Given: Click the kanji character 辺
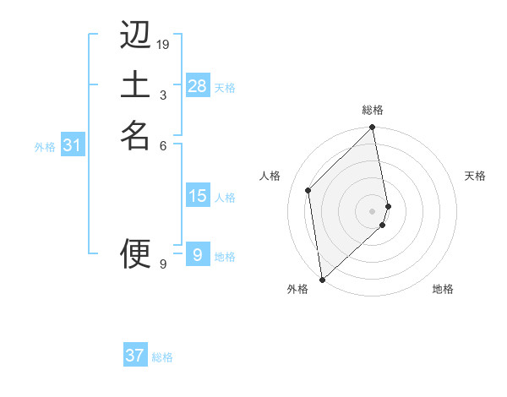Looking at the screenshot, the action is point(135,36).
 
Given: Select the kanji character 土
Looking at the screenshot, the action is point(135,85).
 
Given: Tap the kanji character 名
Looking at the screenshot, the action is point(135,134).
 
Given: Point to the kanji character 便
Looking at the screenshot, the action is point(135,253).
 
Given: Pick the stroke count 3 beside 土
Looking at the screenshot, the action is point(163,95).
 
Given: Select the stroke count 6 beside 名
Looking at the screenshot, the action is point(163,144).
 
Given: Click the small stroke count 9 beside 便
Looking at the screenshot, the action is point(163,264).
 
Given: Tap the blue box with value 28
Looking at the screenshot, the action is point(198,86).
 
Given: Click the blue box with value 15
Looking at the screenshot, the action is point(198,196).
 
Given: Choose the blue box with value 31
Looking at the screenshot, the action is point(73,146).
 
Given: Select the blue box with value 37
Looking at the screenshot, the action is point(135,356).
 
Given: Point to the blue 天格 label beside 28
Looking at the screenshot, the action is point(225,87).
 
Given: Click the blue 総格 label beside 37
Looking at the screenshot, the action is point(162,357).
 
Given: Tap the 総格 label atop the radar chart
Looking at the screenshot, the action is point(373,110).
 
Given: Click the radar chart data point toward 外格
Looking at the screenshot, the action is point(322,279).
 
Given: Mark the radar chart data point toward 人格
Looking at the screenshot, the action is point(308,190).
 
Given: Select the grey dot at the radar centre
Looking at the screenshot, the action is point(373,210).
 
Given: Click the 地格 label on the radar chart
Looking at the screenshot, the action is point(443,289).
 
